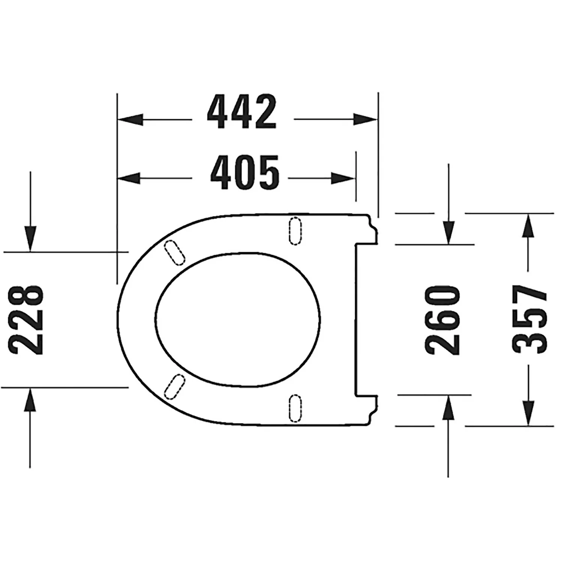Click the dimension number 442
(242, 111)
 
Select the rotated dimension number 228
(27, 320)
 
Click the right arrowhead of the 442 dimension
(365, 120)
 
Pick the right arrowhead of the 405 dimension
(343, 178)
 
